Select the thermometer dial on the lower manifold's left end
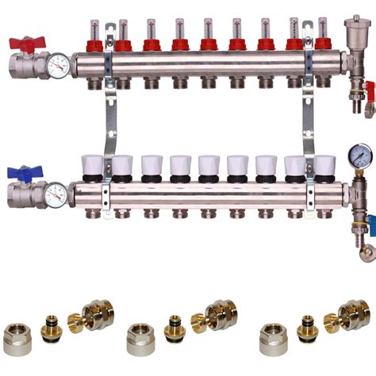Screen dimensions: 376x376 pos(56,194)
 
